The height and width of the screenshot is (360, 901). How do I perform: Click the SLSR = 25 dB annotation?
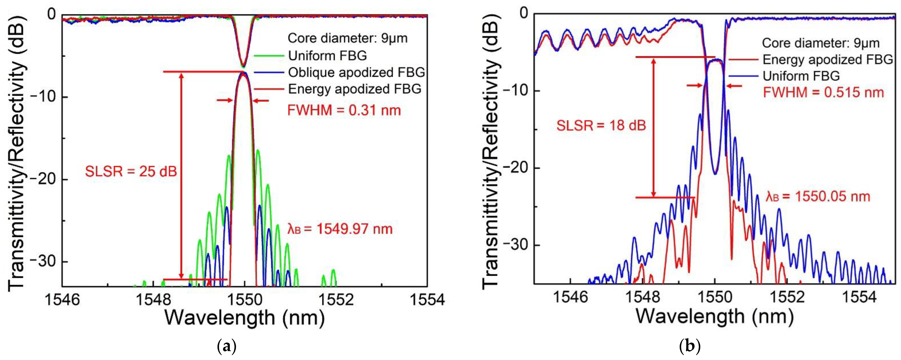131,171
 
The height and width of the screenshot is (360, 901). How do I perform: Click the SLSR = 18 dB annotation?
601,125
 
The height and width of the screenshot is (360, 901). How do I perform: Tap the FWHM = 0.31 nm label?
344,110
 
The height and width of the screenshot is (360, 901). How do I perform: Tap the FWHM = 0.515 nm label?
823,92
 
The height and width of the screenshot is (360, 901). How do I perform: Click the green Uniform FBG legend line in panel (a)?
269,56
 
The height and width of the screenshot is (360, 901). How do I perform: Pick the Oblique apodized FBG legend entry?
356,72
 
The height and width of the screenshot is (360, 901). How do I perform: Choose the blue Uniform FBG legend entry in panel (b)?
801,76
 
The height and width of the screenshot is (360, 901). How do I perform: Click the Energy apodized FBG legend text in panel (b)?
828,60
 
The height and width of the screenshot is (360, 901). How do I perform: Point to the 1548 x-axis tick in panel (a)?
153,300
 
